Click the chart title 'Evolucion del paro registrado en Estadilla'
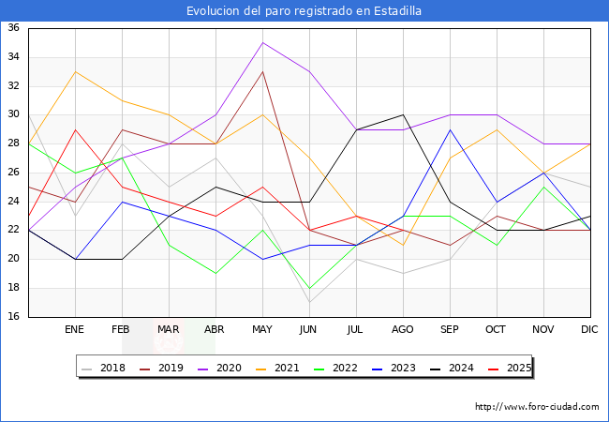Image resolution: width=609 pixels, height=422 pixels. [304, 11]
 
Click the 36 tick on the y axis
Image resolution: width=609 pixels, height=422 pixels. [14, 28]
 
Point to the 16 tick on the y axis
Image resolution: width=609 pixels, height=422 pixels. [14, 316]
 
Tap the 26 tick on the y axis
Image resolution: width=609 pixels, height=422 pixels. [14, 173]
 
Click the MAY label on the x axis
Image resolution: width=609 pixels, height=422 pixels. [262, 330]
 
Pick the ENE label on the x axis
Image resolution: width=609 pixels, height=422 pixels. [75, 330]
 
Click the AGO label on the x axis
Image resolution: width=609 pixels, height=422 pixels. [403, 330]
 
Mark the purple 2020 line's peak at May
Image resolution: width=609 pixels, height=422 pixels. [262, 42]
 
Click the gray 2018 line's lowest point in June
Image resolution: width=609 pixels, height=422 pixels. [309, 302]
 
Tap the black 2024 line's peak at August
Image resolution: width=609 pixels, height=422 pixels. [403, 114]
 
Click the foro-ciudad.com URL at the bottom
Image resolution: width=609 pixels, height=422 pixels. [537, 407]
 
